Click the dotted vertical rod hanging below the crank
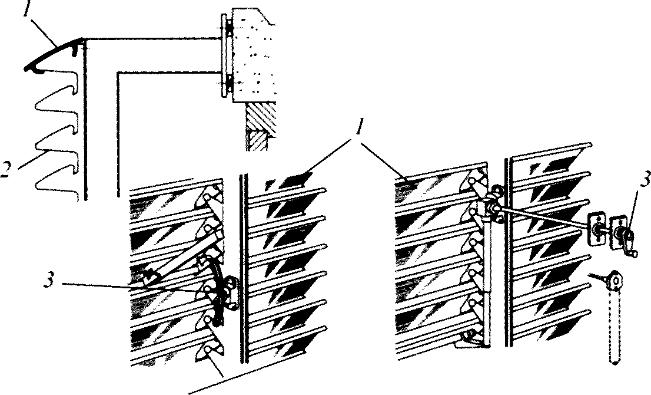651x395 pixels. [x=612, y=330]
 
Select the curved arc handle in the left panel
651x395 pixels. [x=220, y=289]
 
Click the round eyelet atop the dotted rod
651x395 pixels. [x=615, y=280]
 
